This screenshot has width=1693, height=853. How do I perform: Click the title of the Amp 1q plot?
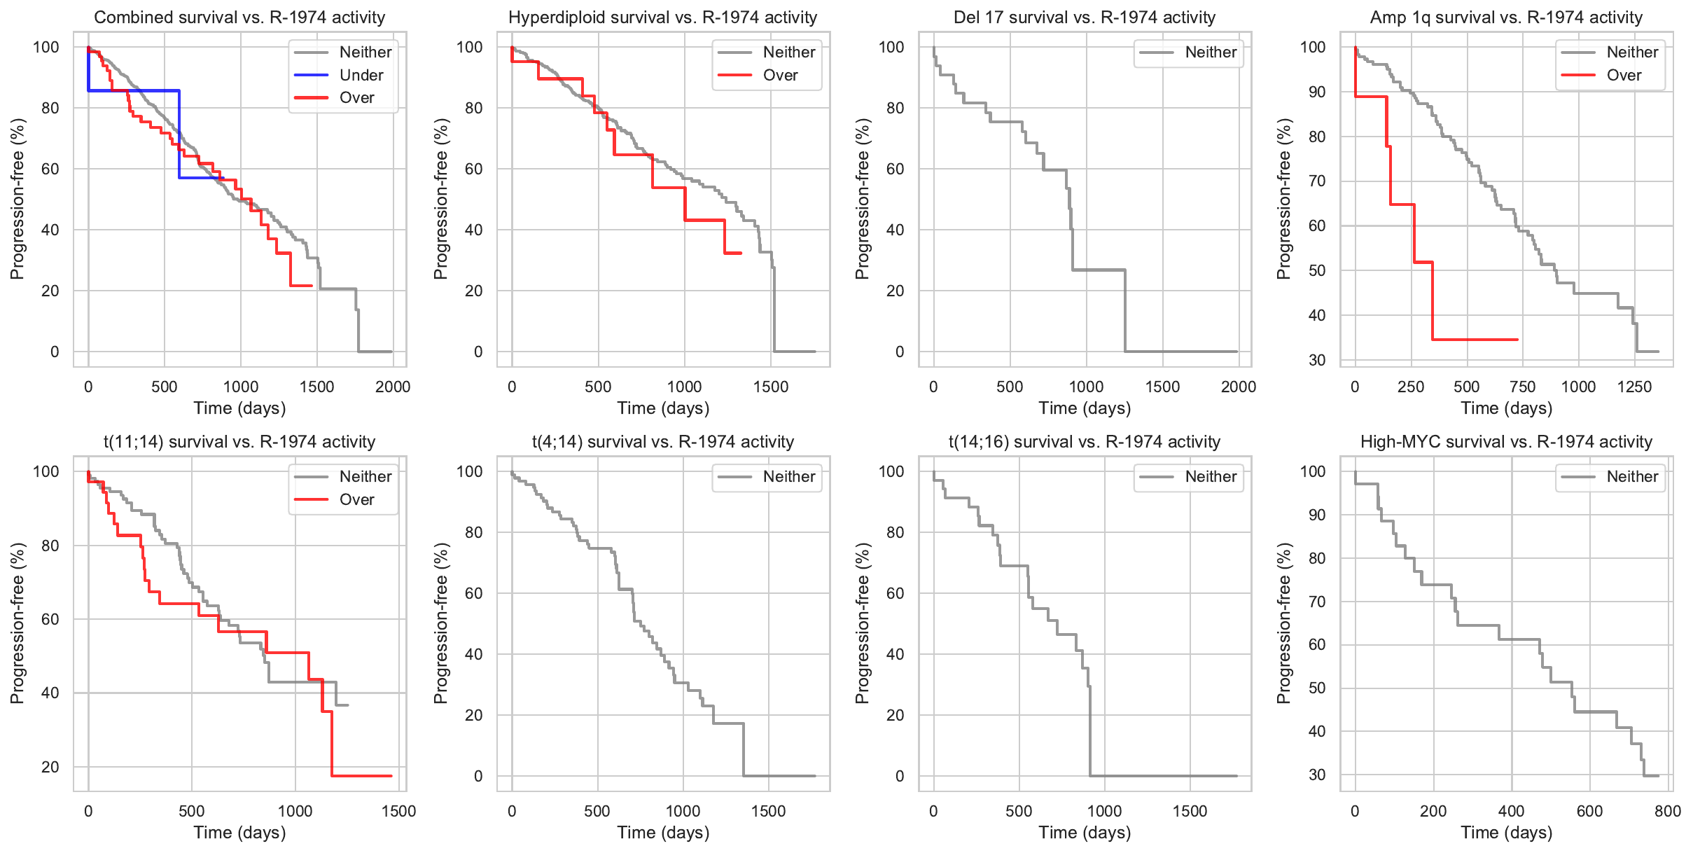point(1506,18)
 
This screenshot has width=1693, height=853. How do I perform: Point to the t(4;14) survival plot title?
point(662,442)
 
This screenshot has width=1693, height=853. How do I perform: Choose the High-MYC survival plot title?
point(1506,442)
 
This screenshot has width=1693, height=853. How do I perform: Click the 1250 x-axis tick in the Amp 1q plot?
point(1634,387)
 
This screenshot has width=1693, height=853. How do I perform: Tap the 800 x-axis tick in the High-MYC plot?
point(1668,811)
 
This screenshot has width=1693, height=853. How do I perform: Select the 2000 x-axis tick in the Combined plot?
point(393,387)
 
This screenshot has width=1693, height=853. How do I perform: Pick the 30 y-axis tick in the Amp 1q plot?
point(1317,360)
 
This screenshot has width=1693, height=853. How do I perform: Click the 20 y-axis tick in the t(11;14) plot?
point(50,767)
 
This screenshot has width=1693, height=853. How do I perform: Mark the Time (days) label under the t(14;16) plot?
point(1085,832)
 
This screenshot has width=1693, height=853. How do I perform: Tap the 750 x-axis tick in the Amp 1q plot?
point(1522,387)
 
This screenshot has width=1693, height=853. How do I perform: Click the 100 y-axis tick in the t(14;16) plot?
point(891,471)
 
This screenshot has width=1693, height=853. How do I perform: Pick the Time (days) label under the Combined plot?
point(239,408)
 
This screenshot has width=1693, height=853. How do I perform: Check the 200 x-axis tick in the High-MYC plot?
point(1433,811)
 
